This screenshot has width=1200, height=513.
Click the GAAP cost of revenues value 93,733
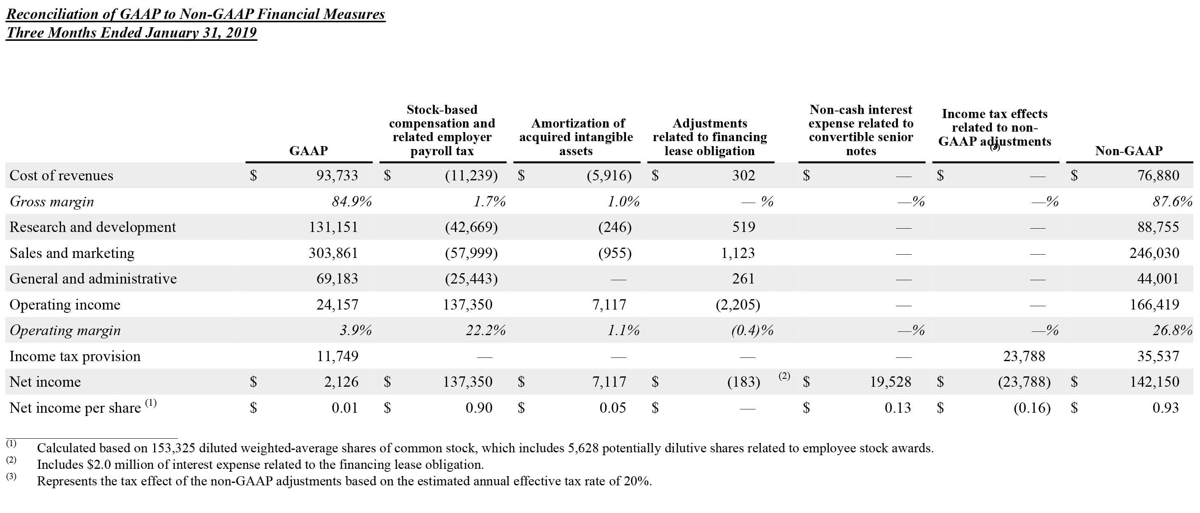337,175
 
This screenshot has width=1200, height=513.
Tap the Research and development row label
93,227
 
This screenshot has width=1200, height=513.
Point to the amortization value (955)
615,253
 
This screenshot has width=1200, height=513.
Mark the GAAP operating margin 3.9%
356,330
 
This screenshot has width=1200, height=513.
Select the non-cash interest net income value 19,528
890,382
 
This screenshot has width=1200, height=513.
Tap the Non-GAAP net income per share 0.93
1165,408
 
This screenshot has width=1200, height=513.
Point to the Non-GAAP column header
1128,151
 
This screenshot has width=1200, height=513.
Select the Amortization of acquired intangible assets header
576,137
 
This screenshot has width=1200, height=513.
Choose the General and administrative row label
93,279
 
